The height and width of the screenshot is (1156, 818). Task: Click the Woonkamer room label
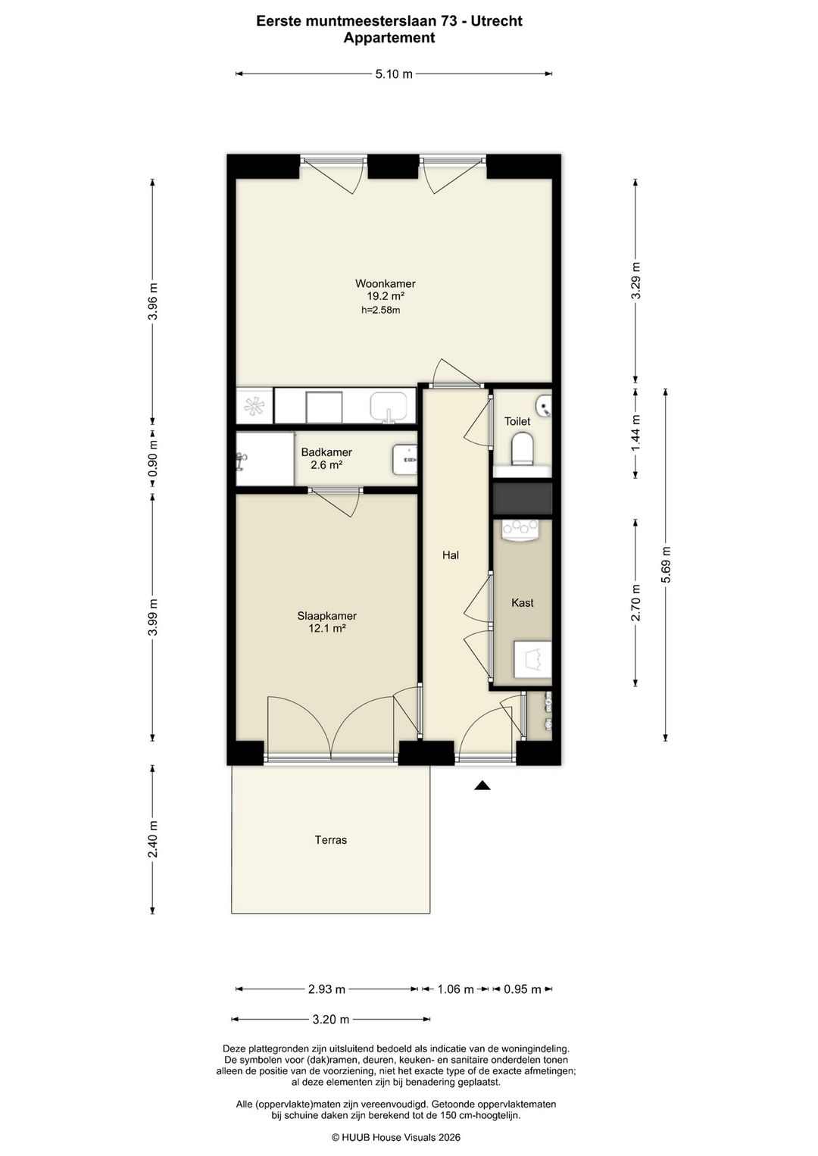coord(385,283)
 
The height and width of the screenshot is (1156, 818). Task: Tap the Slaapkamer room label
coord(326,616)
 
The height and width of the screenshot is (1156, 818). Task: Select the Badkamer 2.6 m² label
coord(326,458)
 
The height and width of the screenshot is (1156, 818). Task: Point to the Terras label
coord(331,839)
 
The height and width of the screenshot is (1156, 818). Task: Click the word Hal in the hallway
coord(451,555)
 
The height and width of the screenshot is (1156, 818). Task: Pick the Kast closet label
coord(523,602)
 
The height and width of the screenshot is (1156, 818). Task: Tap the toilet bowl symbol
coord(523,448)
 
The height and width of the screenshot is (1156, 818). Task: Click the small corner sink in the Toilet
coord(544,405)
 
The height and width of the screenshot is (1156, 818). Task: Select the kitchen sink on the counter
coord(388,408)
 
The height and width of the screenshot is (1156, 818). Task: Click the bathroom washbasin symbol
coord(404,459)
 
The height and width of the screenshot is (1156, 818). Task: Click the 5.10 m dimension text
coord(394,73)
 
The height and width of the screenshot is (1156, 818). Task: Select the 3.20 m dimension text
coord(331,1019)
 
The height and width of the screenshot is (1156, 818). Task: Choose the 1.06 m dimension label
coord(455,989)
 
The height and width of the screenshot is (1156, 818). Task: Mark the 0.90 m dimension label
coord(152,459)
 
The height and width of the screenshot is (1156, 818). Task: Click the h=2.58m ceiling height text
coord(381,310)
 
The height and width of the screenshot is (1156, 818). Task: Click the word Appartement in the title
coord(389,38)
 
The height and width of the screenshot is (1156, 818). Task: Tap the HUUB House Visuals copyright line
coord(396,1137)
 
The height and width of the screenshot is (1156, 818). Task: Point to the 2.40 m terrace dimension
coord(152,839)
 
